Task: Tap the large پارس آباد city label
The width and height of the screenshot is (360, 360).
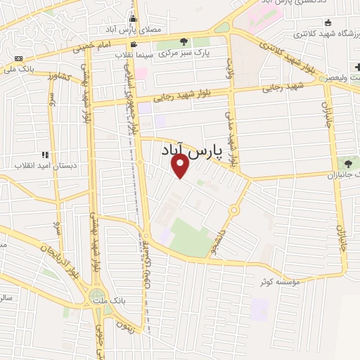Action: [201, 150]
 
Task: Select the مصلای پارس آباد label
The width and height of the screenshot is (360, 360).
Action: [160, 30]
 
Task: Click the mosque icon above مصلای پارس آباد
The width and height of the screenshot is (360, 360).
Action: [132, 18]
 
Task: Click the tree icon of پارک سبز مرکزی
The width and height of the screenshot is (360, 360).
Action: [184, 42]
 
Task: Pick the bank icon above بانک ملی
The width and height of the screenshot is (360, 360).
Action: [18, 58]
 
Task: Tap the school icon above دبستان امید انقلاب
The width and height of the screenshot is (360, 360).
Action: [46, 155]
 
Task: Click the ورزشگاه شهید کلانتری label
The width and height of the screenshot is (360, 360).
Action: [323, 33]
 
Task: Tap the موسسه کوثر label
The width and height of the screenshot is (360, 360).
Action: [281, 281]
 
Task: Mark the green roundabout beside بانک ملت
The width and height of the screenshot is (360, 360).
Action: [98, 298]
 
